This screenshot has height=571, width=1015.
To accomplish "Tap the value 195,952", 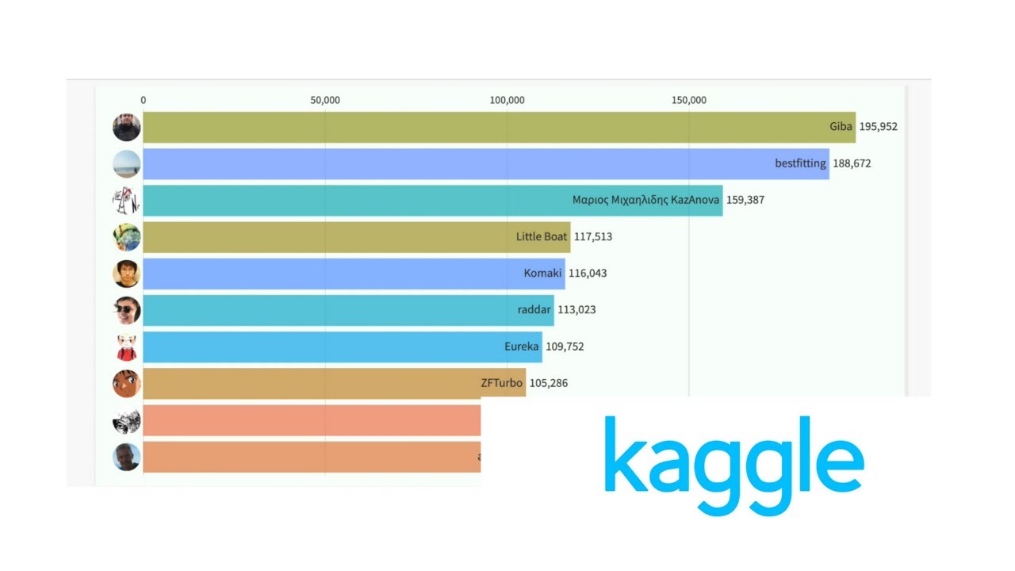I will [x=879, y=127].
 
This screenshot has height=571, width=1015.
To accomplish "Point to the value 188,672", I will [x=852, y=163].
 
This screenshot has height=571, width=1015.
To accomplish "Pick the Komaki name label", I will [x=542, y=273].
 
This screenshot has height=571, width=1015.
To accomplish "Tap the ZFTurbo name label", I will [x=502, y=383].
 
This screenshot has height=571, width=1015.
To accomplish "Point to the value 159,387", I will [x=745, y=200].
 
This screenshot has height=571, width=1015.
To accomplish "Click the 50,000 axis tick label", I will [x=325, y=100].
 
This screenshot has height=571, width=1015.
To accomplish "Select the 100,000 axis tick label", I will [x=507, y=100].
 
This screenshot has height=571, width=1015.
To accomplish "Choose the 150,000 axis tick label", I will [x=689, y=100].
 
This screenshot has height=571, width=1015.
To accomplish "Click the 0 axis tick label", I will [x=144, y=100].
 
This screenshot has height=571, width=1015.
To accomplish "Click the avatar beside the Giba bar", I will [x=127, y=128].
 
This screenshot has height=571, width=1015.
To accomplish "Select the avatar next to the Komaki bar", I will [x=127, y=274].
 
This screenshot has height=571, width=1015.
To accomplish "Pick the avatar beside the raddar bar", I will [x=127, y=310].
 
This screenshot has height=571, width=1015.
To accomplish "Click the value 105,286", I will [x=549, y=383].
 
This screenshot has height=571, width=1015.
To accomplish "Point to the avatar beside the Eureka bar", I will [x=127, y=347].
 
